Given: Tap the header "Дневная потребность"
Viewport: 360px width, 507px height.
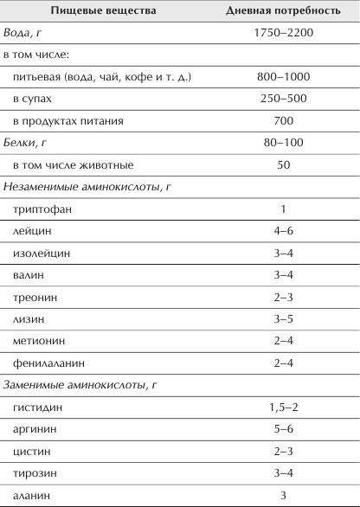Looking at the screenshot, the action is coord(282,11).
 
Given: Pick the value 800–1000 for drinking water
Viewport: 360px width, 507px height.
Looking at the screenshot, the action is coord(282,77).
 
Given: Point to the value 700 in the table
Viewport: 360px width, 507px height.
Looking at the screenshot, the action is coord(282,120).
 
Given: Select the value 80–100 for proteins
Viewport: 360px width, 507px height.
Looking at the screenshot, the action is coord(282,143).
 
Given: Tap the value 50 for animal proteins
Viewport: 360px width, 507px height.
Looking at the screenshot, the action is coord(282,164).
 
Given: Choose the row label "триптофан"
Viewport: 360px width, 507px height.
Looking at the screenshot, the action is coord(42,209).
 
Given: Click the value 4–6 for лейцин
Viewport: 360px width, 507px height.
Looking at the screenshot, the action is coord(282,232).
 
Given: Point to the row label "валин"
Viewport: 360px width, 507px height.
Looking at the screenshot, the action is coord(30,276).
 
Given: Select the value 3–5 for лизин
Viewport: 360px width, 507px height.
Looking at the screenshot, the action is coord(282,320).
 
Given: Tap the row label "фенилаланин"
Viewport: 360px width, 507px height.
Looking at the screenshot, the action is coord(48,364).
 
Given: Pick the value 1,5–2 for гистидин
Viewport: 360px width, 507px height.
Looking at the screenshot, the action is coord(282,408).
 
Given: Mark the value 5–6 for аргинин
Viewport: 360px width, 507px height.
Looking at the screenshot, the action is coord(282,430).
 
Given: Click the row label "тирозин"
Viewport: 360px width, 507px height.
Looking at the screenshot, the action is coord(35,474).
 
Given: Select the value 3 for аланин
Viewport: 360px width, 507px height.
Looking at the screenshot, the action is coord(282,496).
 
